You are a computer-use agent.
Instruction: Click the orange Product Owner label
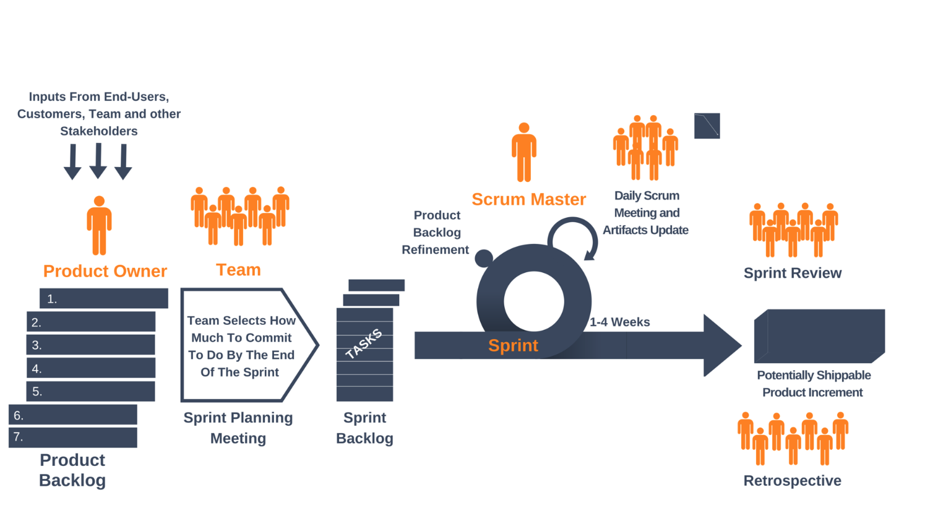coord(105,271)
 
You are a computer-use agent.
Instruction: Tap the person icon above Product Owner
coord(99,225)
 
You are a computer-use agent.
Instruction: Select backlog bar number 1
coord(104,298)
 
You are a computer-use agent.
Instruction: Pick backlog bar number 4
coord(91,368)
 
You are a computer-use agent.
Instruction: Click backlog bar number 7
coord(73,437)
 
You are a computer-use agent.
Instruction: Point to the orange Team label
coord(238,270)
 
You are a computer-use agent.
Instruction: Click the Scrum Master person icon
coord(524,152)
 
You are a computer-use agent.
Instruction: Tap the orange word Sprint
coord(513,345)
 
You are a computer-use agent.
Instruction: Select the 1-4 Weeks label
coord(619,322)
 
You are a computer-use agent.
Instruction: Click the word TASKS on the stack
coord(364,344)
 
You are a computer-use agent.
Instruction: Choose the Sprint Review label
coord(792,273)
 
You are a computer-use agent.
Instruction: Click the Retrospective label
coord(792,480)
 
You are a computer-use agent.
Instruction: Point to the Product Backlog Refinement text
coord(436,233)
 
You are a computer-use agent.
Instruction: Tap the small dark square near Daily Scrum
coord(707,126)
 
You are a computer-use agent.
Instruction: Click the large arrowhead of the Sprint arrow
coord(721,345)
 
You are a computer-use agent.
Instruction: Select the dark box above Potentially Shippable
coord(820,335)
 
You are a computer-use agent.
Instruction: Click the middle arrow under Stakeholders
coord(98,161)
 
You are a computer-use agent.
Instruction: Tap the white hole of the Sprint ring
coord(533,302)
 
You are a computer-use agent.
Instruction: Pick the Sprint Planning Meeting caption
coord(238,428)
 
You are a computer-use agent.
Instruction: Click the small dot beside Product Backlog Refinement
coord(484,257)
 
